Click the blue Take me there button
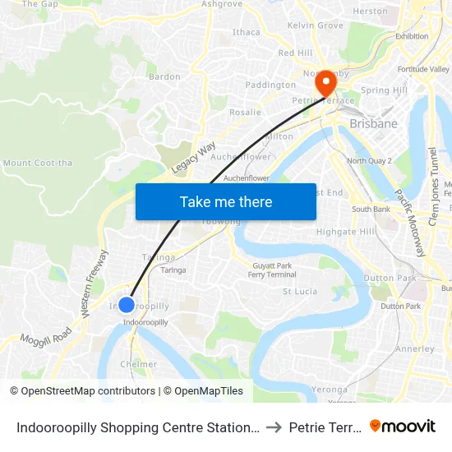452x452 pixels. (225, 201)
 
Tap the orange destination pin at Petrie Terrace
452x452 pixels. (326, 82)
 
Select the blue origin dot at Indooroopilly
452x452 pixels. (127, 305)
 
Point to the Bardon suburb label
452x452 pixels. (164, 76)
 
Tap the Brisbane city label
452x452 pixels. (373, 124)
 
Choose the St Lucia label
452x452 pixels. (300, 291)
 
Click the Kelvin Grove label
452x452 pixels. (316, 25)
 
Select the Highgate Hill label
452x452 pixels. (346, 232)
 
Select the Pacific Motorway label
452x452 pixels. (408, 222)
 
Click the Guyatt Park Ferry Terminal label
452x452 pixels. (271, 270)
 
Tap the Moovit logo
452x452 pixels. (403, 426)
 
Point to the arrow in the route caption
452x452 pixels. (274, 427)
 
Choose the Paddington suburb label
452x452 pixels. (270, 85)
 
